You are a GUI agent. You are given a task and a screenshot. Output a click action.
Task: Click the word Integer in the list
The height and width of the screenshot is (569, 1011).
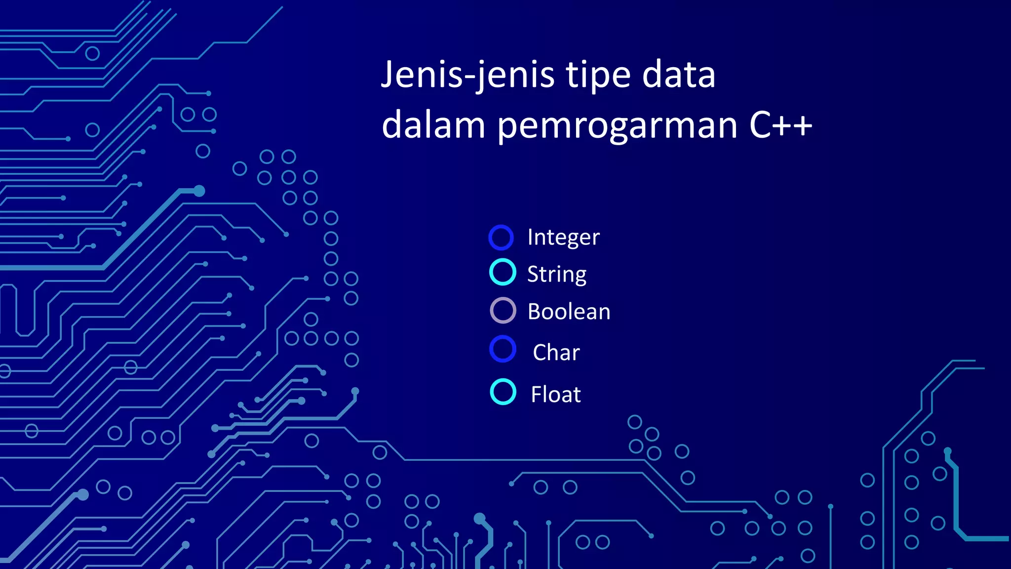563,238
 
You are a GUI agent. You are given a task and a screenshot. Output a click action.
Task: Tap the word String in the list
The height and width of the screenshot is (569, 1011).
556,275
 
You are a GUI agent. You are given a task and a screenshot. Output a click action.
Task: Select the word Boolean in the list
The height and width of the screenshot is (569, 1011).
569,312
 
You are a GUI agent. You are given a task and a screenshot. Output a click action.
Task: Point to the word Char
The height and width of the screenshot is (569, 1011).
556,353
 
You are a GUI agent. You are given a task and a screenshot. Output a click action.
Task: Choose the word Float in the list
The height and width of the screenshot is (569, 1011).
556,395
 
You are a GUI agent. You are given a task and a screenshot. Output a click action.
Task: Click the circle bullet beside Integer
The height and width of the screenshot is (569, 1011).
501,238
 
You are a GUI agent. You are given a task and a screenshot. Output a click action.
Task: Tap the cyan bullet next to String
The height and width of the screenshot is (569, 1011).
503,272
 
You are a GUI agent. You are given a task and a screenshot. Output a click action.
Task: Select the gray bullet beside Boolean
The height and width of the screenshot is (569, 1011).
503,311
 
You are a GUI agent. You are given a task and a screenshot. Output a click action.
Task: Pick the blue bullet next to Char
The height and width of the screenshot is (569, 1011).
503,349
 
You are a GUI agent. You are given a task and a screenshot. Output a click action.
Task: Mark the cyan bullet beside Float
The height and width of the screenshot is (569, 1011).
503,392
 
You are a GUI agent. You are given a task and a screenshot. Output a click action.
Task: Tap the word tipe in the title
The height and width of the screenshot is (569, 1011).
598,75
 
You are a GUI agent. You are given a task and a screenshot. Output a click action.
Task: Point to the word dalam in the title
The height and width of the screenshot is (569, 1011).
433,125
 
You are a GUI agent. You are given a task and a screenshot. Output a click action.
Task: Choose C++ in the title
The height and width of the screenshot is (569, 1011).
780,125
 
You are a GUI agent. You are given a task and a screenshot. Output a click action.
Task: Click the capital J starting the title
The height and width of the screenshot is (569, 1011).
388,74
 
